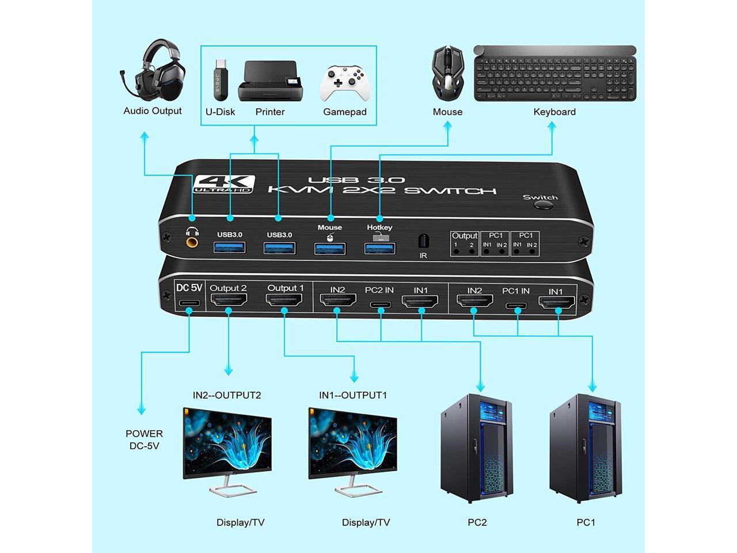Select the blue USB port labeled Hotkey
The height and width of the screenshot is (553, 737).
(x=380, y=248)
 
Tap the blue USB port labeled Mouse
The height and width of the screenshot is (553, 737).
(x=330, y=248)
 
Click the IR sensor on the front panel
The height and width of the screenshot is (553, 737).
(x=423, y=240)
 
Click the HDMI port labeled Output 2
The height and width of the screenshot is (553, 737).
(x=229, y=301)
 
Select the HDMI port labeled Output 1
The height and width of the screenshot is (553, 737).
(x=284, y=300)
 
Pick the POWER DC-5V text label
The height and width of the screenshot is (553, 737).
(x=144, y=440)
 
